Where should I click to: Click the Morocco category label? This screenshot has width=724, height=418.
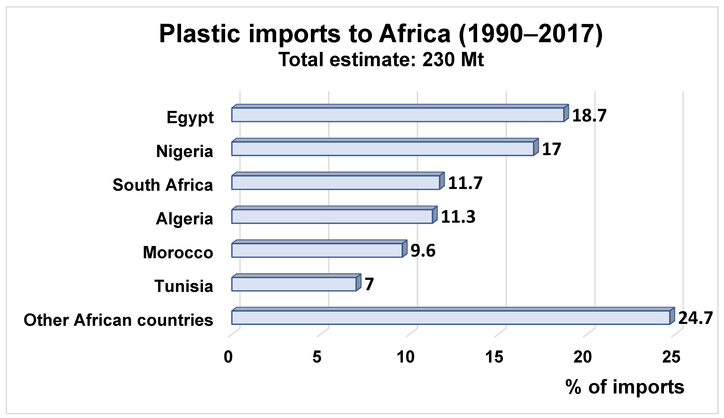click(178, 253)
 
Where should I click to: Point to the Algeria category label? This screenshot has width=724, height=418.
click(184, 219)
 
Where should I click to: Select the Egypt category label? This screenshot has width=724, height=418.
click(190, 117)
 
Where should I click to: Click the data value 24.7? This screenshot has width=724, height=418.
click(695, 318)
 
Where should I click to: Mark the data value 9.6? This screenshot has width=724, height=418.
click(423, 251)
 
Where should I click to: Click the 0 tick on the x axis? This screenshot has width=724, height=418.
click(228, 357)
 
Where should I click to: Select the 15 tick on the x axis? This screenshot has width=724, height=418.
click(494, 357)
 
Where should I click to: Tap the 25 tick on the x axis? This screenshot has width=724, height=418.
click(671, 357)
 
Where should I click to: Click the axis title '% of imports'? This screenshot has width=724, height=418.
click(625, 387)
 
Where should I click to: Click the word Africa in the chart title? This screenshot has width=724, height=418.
click(415, 34)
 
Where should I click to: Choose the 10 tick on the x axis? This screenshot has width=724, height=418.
click(405, 357)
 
